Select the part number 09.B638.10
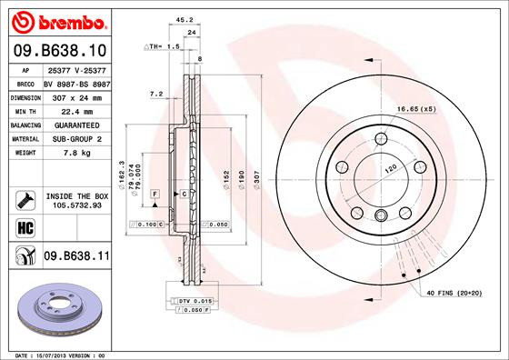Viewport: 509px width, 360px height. tap(59, 51)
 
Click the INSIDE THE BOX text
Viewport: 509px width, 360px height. tap(76, 195)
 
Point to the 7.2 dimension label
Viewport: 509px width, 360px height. tap(155, 93)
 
